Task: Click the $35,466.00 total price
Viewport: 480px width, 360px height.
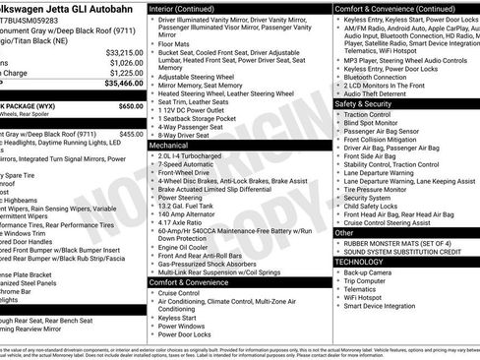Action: tap(120, 85)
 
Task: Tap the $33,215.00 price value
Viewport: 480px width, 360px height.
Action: tap(122, 52)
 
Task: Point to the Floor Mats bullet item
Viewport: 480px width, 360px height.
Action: tap(175, 43)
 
